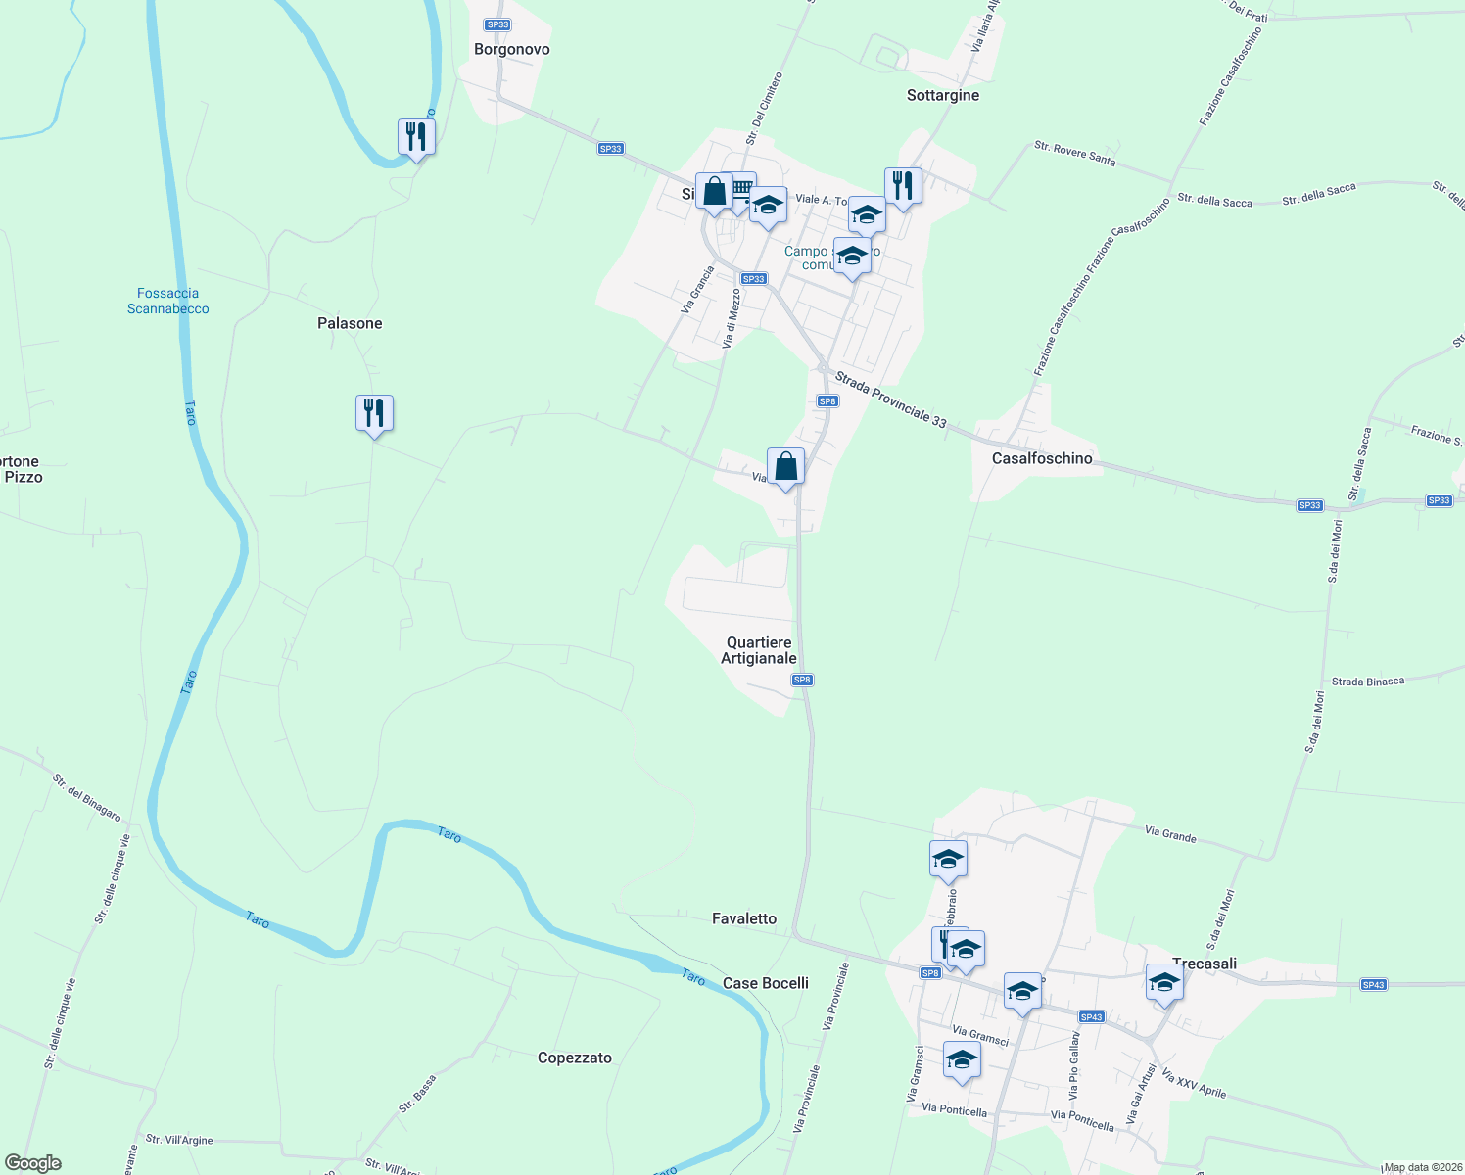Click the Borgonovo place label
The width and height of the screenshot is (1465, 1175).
pyautogui.click(x=511, y=49)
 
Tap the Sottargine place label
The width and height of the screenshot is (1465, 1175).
pyautogui.click(x=942, y=95)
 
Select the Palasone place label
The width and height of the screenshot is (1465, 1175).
pyautogui.click(x=350, y=323)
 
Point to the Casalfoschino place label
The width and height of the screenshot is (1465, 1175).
pyautogui.click(x=1041, y=458)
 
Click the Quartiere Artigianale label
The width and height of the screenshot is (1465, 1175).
pyautogui.click(x=759, y=650)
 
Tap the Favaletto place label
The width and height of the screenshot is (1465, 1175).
pyautogui.click(x=744, y=918)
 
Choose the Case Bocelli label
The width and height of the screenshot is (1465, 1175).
pyautogui.click(x=765, y=983)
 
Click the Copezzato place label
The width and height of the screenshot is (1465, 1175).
pyautogui.click(x=574, y=1057)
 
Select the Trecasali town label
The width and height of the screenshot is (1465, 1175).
pyautogui.click(x=1205, y=963)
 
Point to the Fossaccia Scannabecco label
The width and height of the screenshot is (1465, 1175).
pyautogui.click(x=168, y=301)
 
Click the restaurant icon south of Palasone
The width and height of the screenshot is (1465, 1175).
pyautogui.click(x=374, y=413)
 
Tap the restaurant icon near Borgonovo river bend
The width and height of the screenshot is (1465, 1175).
pyautogui.click(x=416, y=137)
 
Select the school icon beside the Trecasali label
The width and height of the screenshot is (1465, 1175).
pyautogui.click(x=1164, y=982)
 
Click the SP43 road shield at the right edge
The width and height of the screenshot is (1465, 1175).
pyautogui.click(x=1373, y=984)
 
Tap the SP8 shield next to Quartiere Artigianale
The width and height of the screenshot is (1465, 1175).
pyautogui.click(x=802, y=680)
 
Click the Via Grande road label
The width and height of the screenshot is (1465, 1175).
pyautogui.click(x=1170, y=834)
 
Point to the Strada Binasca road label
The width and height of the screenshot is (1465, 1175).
pyautogui.click(x=1367, y=681)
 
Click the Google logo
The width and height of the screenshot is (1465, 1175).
pyautogui.click(x=33, y=1163)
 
